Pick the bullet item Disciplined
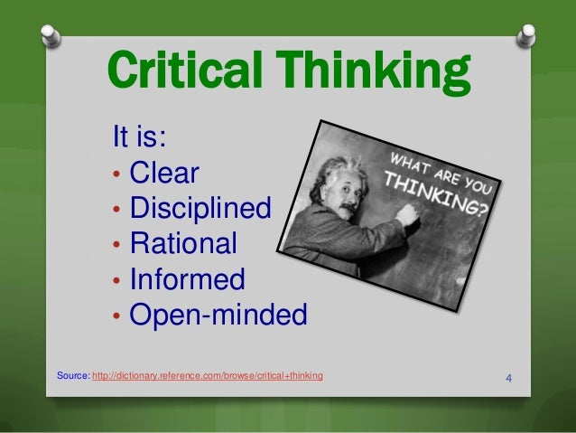point(200,209)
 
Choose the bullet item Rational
point(183,244)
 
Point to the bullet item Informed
point(187,279)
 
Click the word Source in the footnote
point(72,374)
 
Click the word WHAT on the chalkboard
point(411,155)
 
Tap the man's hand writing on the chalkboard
point(407,215)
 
